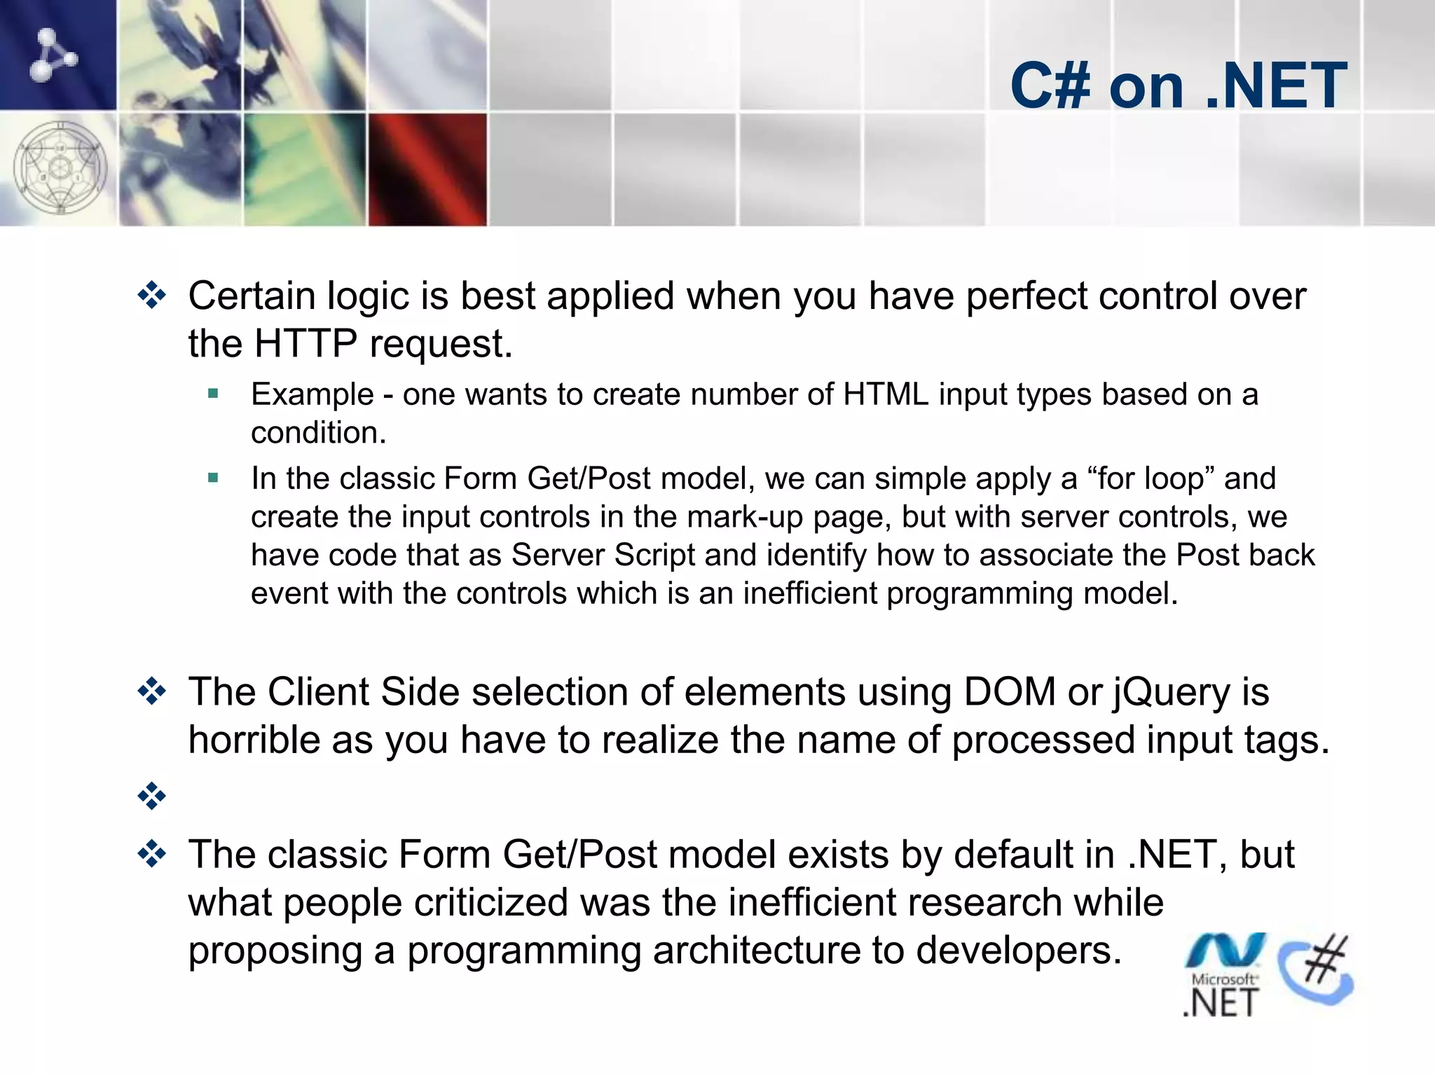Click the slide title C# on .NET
[x=1179, y=85]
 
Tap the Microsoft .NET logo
[x=1223, y=974]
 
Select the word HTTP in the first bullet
[x=305, y=344]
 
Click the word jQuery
[x=1171, y=692]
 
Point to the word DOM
[x=1010, y=692]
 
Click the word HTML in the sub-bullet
[x=886, y=394]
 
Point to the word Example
[x=312, y=394]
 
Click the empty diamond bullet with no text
[x=152, y=796]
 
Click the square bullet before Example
[x=214, y=394]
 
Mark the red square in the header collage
[x=427, y=170]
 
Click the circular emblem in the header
[x=60, y=168]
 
